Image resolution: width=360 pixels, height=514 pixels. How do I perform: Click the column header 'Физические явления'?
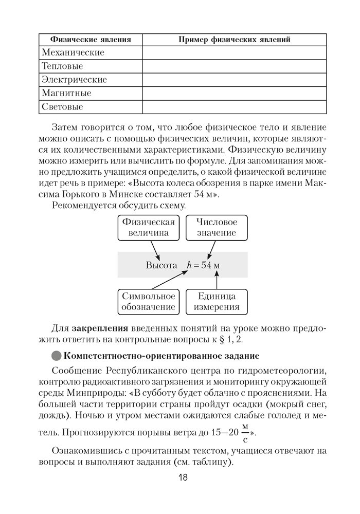click(90, 40)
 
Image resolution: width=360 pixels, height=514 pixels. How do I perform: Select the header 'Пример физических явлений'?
click(234, 40)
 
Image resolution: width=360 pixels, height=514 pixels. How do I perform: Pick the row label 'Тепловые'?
click(62, 66)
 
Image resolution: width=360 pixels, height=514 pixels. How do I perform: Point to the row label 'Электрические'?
click(74, 80)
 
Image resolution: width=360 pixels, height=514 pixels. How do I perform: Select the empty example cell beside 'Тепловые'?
click(234, 66)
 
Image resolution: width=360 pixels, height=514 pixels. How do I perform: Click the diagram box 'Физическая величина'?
click(148, 228)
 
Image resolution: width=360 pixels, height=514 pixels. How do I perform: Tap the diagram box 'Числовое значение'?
click(216, 228)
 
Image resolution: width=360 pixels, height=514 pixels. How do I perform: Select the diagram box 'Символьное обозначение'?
click(148, 302)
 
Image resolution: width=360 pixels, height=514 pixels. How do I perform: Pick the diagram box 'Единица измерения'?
click(216, 302)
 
